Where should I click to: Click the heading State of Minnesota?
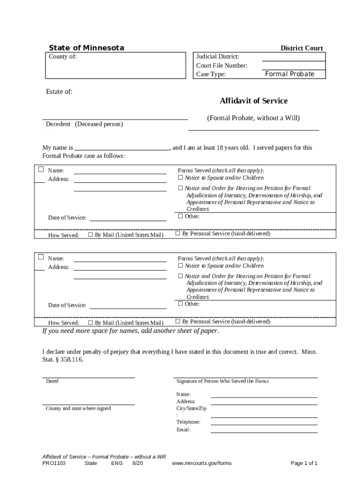pyautogui.click(x=86, y=48)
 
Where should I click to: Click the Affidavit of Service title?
pyautogui.click(x=253, y=101)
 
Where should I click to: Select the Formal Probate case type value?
pyautogui.click(x=289, y=74)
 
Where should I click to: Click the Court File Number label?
pyautogui.click(x=222, y=65)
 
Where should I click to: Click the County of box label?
pyautogui.click(x=63, y=57)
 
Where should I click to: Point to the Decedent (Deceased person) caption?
pyautogui.click(x=84, y=124)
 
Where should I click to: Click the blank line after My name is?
pyautogui.click(x=122, y=148)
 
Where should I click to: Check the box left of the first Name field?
pyautogui.click(x=41, y=169)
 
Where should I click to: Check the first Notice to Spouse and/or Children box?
pyautogui.click(x=180, y=178)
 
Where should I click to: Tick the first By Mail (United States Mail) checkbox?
pyautogui.click(x=91, y=235)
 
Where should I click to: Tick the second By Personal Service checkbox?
pyautogui.click(x=178, y=322)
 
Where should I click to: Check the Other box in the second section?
pyautogui.click(x=180, y=304)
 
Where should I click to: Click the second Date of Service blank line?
pyautogui.click(x=128, y=306)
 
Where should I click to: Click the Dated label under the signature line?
pyautogui.click(x=52, y=381)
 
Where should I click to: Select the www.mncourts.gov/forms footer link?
pyautogui.click(x=202, y=464)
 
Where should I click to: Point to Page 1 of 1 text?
pyautogui.click(x=304, y=464)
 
